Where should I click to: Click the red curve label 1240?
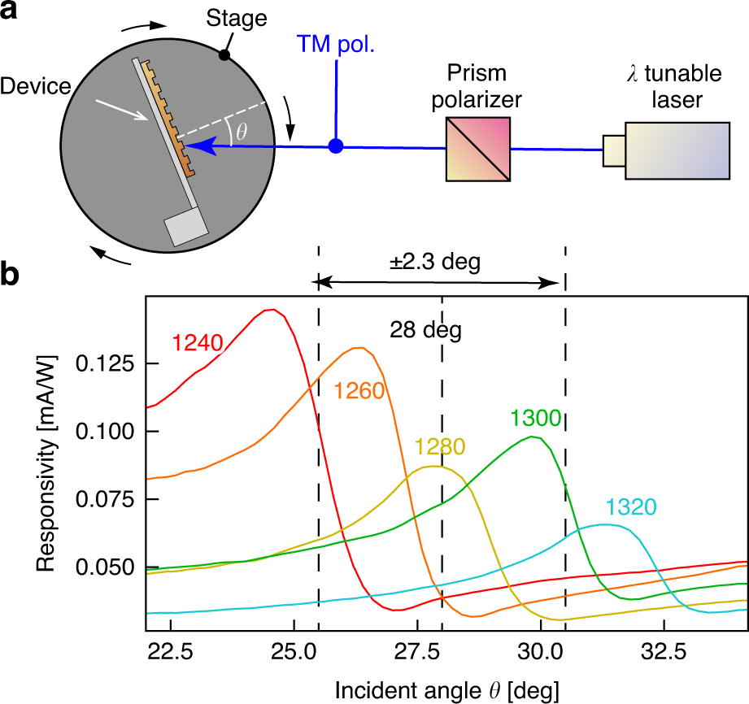point(197,345)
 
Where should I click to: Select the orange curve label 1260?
point(358,390)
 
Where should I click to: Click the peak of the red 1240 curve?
point(272,310)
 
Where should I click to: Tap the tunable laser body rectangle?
point(677,150)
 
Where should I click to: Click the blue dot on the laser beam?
point(335,147)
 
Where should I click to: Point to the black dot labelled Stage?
point(224,55)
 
